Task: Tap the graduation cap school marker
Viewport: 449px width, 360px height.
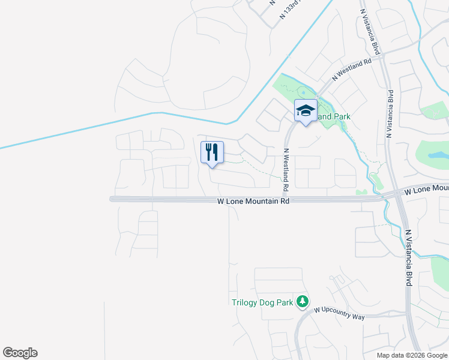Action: tap(306, 111)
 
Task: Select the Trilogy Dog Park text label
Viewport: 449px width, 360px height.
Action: tap(262, 303)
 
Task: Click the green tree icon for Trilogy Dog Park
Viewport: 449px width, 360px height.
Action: tap(304, 301)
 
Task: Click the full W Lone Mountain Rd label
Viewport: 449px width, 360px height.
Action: tap(253, 201)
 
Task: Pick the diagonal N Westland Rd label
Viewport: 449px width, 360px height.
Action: tap(352, 70)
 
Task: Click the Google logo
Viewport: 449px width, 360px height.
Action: tap(20, 353)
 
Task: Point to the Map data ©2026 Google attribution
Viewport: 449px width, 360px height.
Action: tap(411, 355)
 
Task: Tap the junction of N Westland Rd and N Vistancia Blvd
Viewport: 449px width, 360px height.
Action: tap(384, 53)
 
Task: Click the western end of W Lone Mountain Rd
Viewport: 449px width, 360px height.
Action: tap(112, 199)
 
